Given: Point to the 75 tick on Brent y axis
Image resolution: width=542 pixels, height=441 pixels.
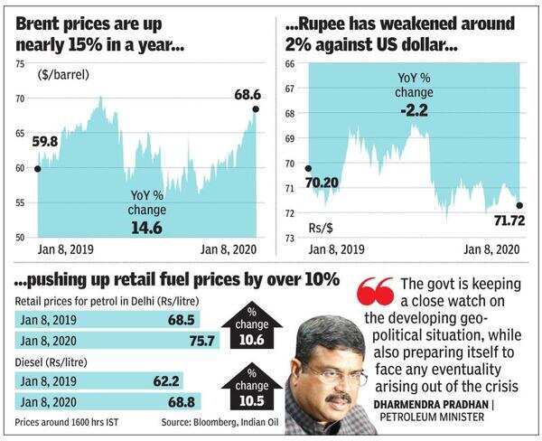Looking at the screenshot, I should click(19, 64).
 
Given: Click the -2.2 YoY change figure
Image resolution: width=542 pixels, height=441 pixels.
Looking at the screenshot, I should click(413, 113).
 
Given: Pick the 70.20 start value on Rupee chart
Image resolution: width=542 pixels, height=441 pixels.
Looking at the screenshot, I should click(332, 183).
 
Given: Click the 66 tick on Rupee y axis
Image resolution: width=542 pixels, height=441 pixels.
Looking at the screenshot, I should click(290, 64).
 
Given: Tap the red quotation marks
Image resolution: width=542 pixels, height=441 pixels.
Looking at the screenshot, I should click(375, 293).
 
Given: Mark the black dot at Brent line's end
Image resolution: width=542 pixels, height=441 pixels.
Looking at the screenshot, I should click(256, 109).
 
